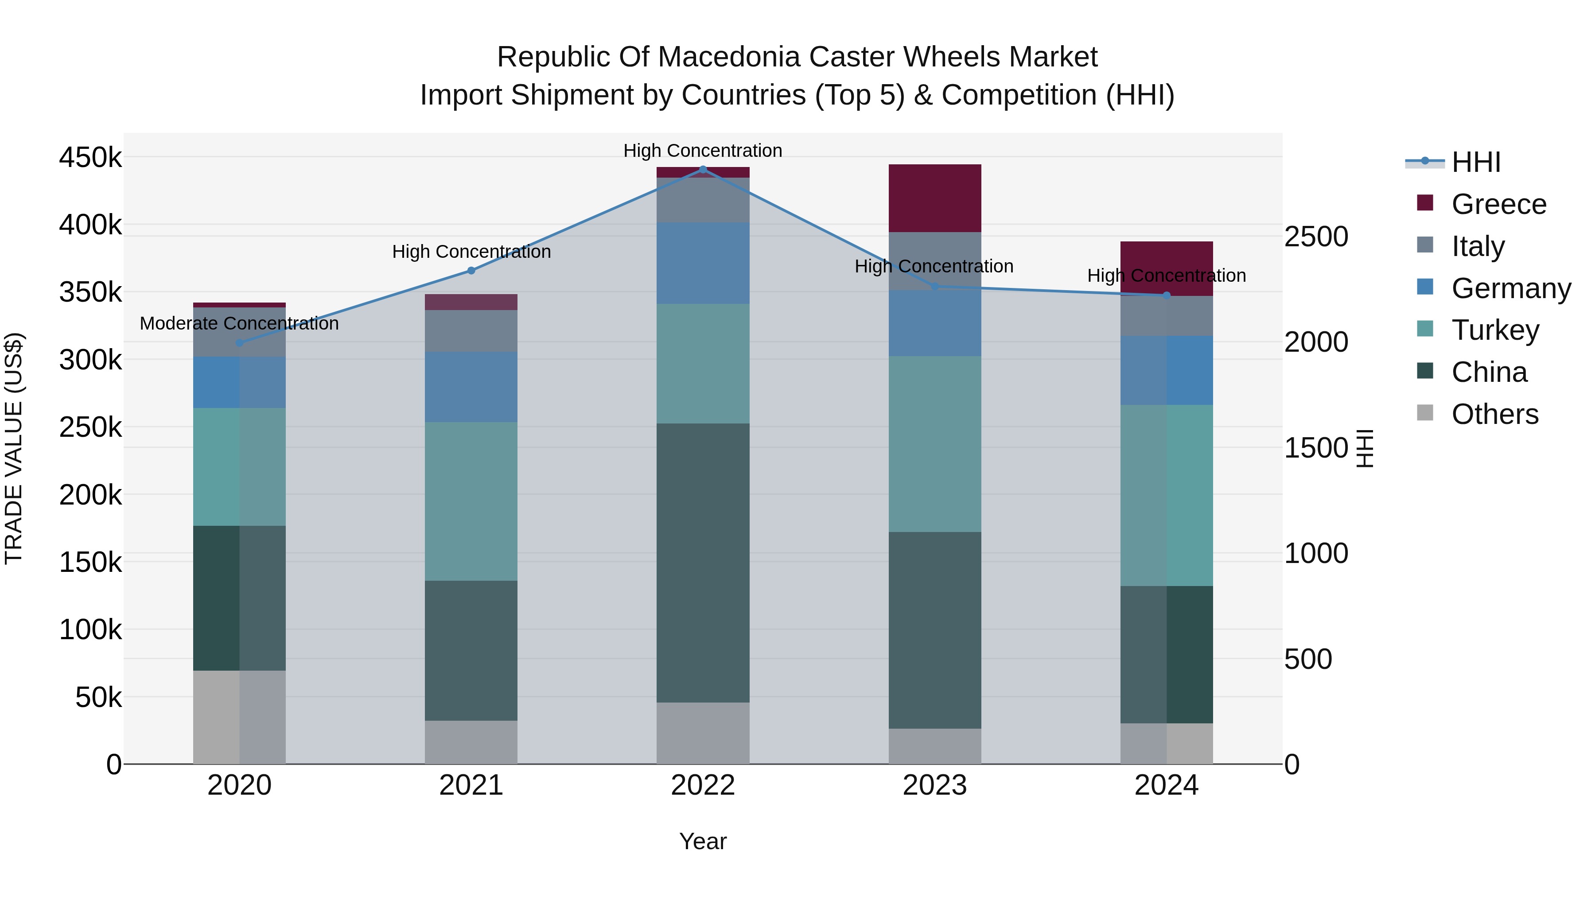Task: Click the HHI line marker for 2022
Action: pyautogui.click(x=703, y=169)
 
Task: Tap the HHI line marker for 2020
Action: pyautogui.click(x=240, y=342)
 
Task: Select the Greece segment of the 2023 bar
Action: pyautogui.click(x=934, y=198)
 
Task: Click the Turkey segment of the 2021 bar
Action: pyautogui.click(x=471, y=501)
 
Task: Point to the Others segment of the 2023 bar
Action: pyautogui.click(x=934, y=746)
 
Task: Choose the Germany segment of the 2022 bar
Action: pyautogui.click(x=703, y=263)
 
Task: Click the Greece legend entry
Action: pyautogui.click(x=1498, y=204)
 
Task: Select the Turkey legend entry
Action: pyautogui.click(x=1495, y=330)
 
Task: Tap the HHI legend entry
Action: pyautogui.click(x=1475, y=162)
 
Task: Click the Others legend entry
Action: pyautogui.click(x=1495, y=414)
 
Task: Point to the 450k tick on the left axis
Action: pyautogui.click(x=90, y=158)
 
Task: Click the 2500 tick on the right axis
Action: pyautogui.click(x=1316, y=237)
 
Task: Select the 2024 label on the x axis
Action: pyautogui.click(x=1166, y=785)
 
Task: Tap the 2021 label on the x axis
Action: pyautogui.click(x=471, y=785)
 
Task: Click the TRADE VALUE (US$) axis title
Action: pyautogui.click(x=14, y=448)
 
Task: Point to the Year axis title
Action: pyautogui.click(x=703, y=841)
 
